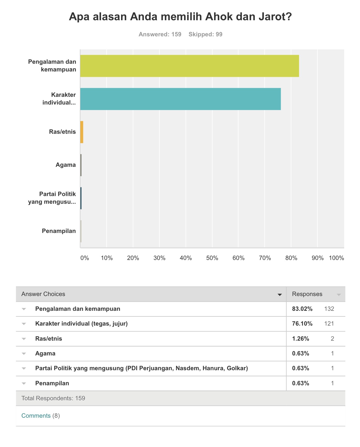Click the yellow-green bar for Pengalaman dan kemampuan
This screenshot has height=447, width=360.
tap(189, 66)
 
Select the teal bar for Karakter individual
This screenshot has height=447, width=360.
tap(180, 99)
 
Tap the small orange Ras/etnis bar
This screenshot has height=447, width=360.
tap(82, 132)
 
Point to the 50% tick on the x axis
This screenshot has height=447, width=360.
tap(212, 258)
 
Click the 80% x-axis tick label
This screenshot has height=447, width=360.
tap(291, 258)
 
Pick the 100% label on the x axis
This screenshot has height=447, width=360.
tap(336, 258)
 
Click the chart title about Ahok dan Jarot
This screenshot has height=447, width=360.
tap(180, 17)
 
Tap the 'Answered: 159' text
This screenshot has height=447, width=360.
tap(160, 34)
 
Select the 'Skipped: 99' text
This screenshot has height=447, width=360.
tap(206, 34)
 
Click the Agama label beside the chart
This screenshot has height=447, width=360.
tap(66, 165)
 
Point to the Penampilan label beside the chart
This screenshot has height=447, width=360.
tap(59, 231)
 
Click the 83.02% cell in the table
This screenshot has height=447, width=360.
tap(302, 309)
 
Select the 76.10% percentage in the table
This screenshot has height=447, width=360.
tap(302, 324)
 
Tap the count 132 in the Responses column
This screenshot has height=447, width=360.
tap(329, 309)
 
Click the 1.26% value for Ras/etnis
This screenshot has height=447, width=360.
tap(301, 339)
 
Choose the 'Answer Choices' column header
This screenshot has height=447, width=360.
tap(43, 294)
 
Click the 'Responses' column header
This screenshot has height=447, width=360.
tap(307, 294)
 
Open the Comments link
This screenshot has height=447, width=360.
tap(36, 416)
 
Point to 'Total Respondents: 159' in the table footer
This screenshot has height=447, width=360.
tap(53, 398)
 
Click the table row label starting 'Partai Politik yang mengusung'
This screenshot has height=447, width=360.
tap(142, 368)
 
